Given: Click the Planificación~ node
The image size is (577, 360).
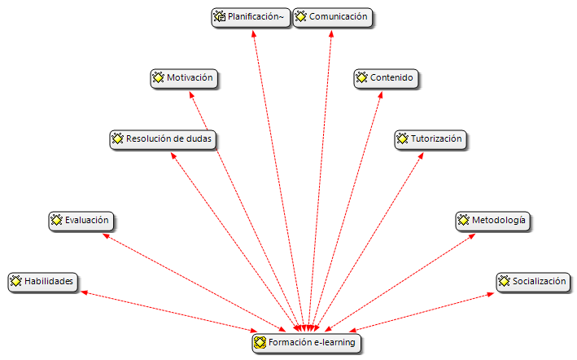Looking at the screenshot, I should point(251,17).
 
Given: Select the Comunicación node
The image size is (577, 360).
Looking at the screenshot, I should point(332,17).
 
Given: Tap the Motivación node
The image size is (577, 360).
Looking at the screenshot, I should point(185,78).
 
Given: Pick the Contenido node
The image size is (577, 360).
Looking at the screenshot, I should point(386,78).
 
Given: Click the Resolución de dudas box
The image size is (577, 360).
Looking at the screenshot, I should point(163,139).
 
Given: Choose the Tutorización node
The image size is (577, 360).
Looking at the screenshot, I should point(429,139).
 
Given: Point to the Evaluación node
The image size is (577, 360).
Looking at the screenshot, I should point(80,220).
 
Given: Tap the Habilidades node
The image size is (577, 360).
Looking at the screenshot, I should point(43,282).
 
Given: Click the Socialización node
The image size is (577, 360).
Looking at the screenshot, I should point(532,282).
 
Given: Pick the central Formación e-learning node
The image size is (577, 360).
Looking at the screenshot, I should point(304,343).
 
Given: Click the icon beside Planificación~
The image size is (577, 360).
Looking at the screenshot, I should point(219,16).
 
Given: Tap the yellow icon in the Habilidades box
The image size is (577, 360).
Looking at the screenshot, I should point(15,282).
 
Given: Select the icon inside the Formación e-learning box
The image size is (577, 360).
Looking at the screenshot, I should point(260,343).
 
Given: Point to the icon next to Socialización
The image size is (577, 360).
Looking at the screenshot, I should point(504,282).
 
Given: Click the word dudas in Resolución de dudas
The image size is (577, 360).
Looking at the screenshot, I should point(198,139).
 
